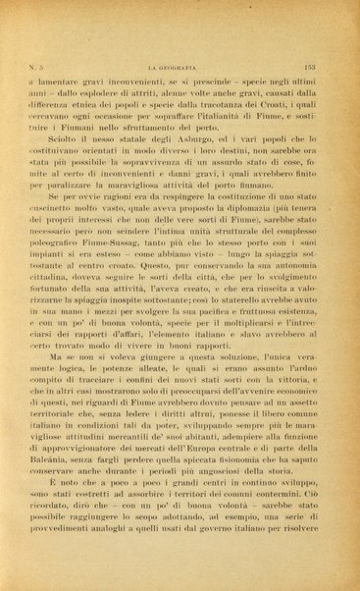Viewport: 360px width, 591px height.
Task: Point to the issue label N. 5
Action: (x=34, y=65)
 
